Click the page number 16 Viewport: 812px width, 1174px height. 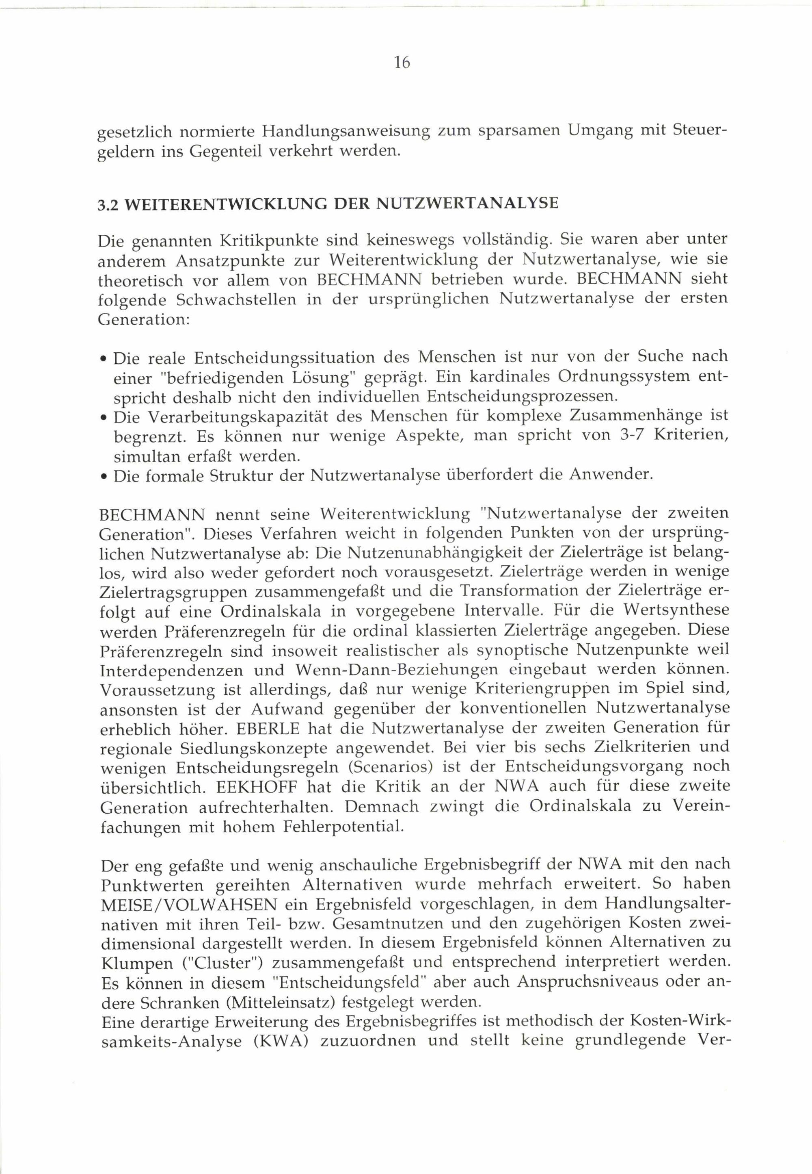[x=402, y=63]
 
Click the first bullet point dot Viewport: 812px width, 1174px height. [x=103, y=358]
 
